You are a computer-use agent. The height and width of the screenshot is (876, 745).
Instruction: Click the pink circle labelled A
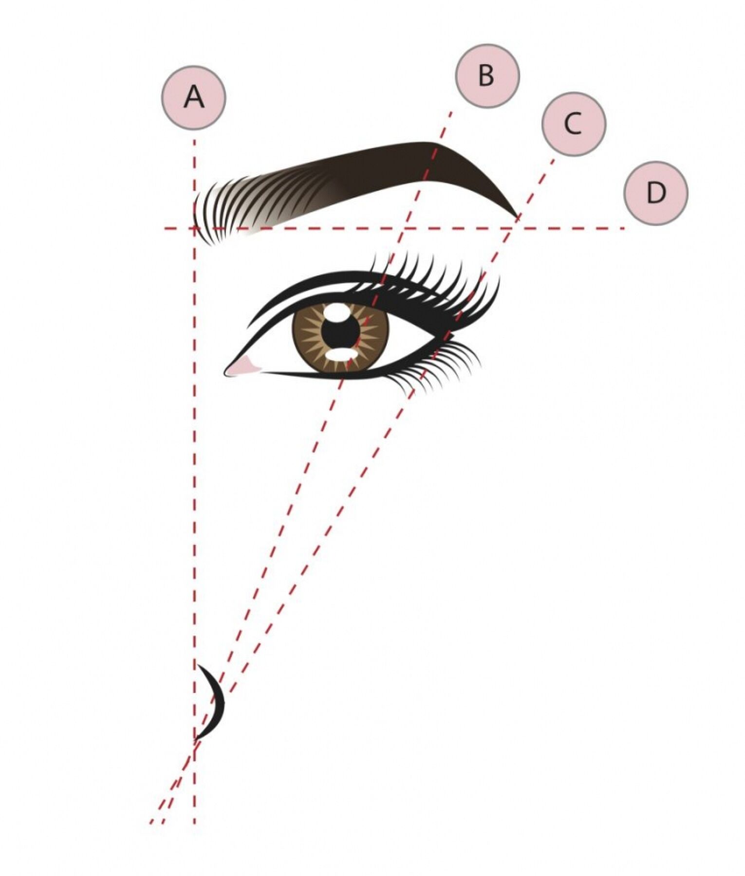tap(194, 97)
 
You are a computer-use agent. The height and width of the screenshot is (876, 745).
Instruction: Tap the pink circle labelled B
tap(487, 76)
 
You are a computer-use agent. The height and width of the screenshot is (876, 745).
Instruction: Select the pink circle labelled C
tap(574, 124)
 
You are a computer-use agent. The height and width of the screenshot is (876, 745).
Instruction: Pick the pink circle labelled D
tap(656, 193)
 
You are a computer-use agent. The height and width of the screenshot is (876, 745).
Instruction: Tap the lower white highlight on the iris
tap(340, 355)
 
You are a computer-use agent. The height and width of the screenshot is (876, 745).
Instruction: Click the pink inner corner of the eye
tap(241, 366)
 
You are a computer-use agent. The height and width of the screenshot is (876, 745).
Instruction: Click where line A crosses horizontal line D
tap(194, 228)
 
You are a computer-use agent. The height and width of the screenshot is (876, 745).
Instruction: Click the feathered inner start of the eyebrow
tap(209, 214)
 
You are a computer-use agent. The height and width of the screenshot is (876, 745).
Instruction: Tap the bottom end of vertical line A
tap(194, 822)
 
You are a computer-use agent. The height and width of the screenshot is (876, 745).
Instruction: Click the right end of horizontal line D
tap(625, 228)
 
